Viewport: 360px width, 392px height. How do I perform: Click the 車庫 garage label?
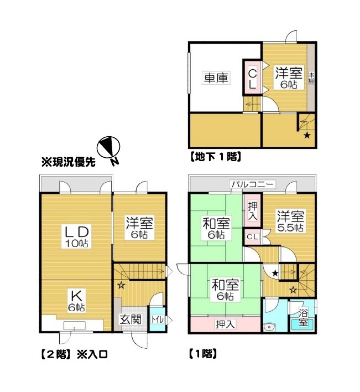coord(216,78)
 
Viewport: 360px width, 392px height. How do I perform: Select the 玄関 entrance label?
coord(131,319)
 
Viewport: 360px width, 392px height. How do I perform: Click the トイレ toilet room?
coord(158,319)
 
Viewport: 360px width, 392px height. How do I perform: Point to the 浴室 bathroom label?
coord(303,317)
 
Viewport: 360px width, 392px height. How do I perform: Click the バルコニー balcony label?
coord(252,184)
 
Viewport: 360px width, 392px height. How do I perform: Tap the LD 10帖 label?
coord(76,236)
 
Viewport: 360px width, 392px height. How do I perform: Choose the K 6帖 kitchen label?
coord(77,301)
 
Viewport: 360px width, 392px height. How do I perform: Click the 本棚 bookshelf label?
coord(311,78)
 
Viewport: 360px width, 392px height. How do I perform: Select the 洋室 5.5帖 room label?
coord(290,221)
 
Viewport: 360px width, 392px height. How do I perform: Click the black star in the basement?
coord(307,136)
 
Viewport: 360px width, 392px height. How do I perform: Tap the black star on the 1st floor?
coord(275,273)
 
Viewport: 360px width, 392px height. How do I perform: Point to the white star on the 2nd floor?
coord(121,285)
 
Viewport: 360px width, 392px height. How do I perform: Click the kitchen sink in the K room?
coord(75,325)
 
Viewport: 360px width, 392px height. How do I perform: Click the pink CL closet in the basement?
coord(252,78)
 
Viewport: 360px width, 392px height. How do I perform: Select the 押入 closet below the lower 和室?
coord(225,324)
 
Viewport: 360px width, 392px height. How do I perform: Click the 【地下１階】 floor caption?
coord(216,157)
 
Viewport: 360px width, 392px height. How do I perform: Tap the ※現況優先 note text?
coord(69,162)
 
